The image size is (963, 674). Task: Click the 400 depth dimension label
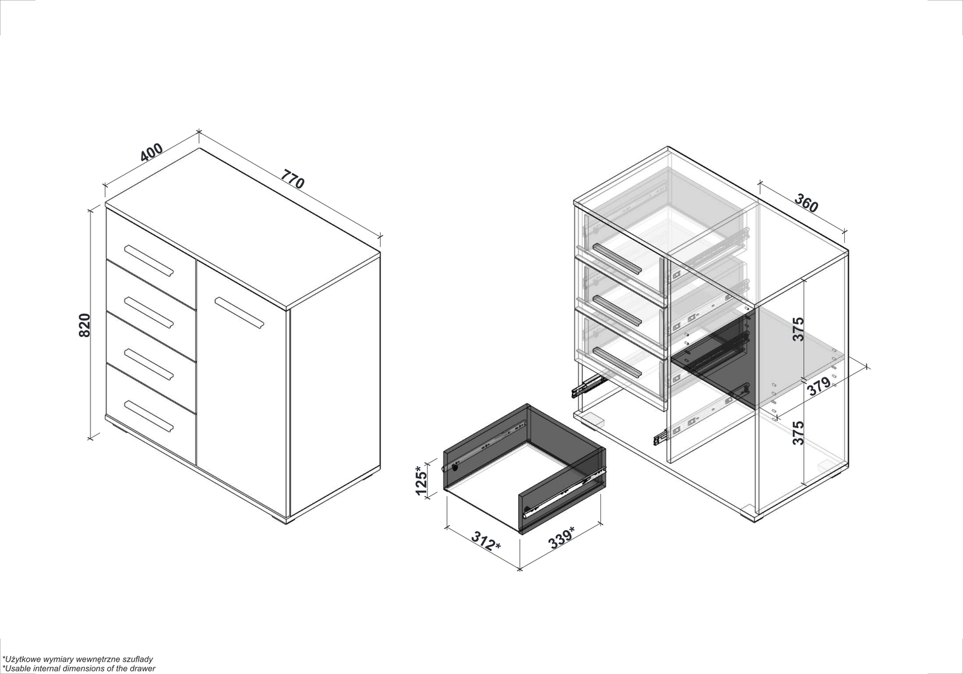tap(152, 152)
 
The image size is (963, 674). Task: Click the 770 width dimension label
tap(293, 179)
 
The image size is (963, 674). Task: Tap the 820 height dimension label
tap(85, 325)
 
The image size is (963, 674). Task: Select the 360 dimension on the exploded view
tap(806, 203)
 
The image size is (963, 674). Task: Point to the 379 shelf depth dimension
tap(819, 386)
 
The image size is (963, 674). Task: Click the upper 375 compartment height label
tap(798, 329)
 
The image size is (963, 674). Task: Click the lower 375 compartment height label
tap(798, 433)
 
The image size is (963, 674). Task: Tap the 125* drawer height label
tap(421, 481)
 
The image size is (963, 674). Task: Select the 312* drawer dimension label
tap(486, 541)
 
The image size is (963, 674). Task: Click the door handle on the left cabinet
tap(239, 313)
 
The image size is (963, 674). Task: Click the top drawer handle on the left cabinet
tap(149, 261)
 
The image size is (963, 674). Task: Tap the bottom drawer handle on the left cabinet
tap(149, 416)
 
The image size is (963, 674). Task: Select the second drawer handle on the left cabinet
tap(149, 313)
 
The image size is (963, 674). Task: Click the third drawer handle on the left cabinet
tap(149, 365)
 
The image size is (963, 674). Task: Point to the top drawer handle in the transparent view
tap(617, 258)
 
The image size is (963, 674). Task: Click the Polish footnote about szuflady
tap(78, 659)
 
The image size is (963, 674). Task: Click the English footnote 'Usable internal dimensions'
tap(79, 668)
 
